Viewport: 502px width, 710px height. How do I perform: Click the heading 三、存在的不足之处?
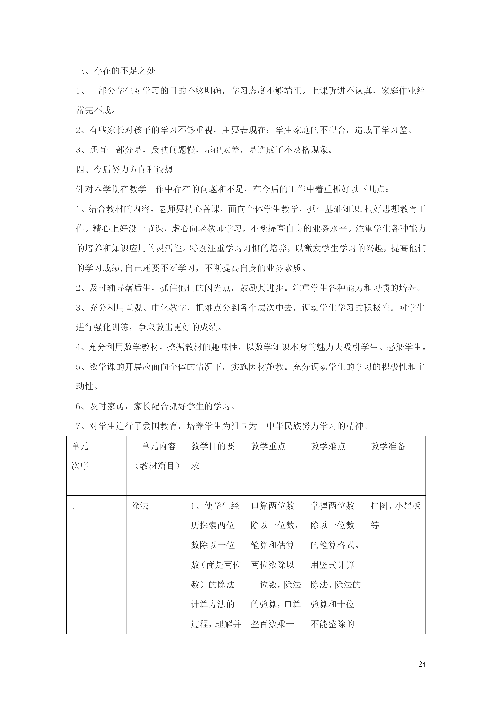pyautogui.click(x=116, y=71)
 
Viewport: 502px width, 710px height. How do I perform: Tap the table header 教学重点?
pyautogui.click(x=268, y=446)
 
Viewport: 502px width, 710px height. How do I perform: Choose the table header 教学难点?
pyautogui.click(x=328, y=446)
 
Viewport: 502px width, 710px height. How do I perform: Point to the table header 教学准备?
pyautogui.click(x=388, y=446)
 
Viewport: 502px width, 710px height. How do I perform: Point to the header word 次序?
pyautogui.click(x=80, y=466)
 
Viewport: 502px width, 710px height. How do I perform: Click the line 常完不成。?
pyautogui.click(x=96, y=110)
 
